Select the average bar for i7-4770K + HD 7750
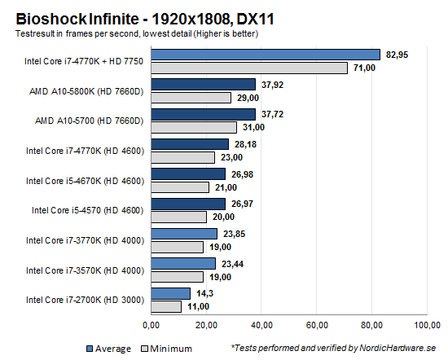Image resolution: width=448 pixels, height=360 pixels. pyautogui.click(x=265, y=55)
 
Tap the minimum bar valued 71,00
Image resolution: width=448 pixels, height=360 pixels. pyautogui.click(x=248, y=68)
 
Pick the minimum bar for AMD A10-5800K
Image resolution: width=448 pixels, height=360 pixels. pyautogui.click(x=191, y=98)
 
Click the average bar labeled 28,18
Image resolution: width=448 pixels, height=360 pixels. pyautogui.click(x=189, y=144)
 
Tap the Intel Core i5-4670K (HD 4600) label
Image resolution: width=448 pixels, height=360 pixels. pyautogui.click(x=85, y=180)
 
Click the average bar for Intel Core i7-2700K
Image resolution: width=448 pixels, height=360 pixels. pyautogui.click(x=169, y=292)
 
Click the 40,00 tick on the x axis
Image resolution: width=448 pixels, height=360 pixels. pyautogui.click(x=261, y=327)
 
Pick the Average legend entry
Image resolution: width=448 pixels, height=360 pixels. pyautogui.click(x=109, y=348)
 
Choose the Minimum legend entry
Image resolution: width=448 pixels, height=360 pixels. pyautogui.click(x=165, y=348)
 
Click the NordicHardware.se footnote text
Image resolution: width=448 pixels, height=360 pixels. pyautogui.click(x=336, y=348)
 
